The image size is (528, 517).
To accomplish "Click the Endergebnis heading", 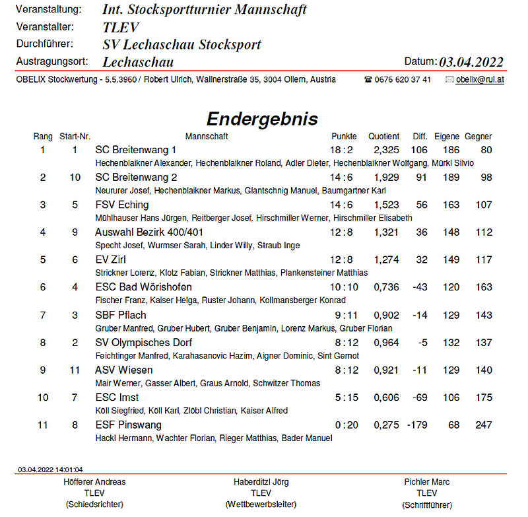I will pyautogui.click(x=262, y=119).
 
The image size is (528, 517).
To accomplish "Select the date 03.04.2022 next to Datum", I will pyautogui.click(x=471, y=62).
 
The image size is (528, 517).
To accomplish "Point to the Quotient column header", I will pyautogui.click(x=383, y=137).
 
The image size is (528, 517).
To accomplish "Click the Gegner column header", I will pyautogui.click(x=478, y=137).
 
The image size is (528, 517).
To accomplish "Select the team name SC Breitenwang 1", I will pyautogui.click(x=136, y=150).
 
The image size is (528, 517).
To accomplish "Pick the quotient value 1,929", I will pyautogui.click(x=386, y=178).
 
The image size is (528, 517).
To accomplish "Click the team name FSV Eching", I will pyautogui.click(x=122, y=205).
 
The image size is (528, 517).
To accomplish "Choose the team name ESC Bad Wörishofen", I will pyautogui.click(x=144, y=287).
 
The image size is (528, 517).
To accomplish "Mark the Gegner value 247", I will pyautogui.click(x=484, y=425).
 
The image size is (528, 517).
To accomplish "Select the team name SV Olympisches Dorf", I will pyautogui.click(x=144, y=342).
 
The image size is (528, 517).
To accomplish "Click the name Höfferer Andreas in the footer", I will pyautogui.click(x=94, y=482).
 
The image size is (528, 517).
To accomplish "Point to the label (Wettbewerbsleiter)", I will pyautogui.click(x=261, y=504).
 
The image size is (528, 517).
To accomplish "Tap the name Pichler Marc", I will pyautogui.click(x=426, y=482).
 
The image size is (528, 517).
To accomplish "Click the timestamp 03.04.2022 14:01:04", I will pyautogui.click(x=51, y=469).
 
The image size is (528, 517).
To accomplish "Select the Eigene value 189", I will pyautogui.click(x=451, y=178).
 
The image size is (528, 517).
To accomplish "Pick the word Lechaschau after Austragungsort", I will pyautogui.click(x=138, y=62).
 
